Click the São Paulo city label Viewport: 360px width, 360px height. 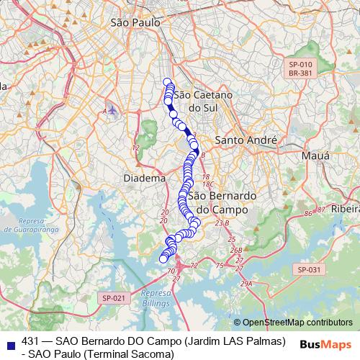(135, 24)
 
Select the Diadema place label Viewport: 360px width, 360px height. (144, 178)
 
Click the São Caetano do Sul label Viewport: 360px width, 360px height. (194, 101)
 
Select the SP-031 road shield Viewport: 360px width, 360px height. (310, 269)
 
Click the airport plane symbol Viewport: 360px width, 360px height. (114, 111)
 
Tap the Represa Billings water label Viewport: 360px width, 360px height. (156, 297)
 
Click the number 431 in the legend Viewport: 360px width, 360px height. (31, 341)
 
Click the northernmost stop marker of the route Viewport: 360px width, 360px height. (168, 82)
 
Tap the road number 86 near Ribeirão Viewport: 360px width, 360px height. (308, 214)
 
